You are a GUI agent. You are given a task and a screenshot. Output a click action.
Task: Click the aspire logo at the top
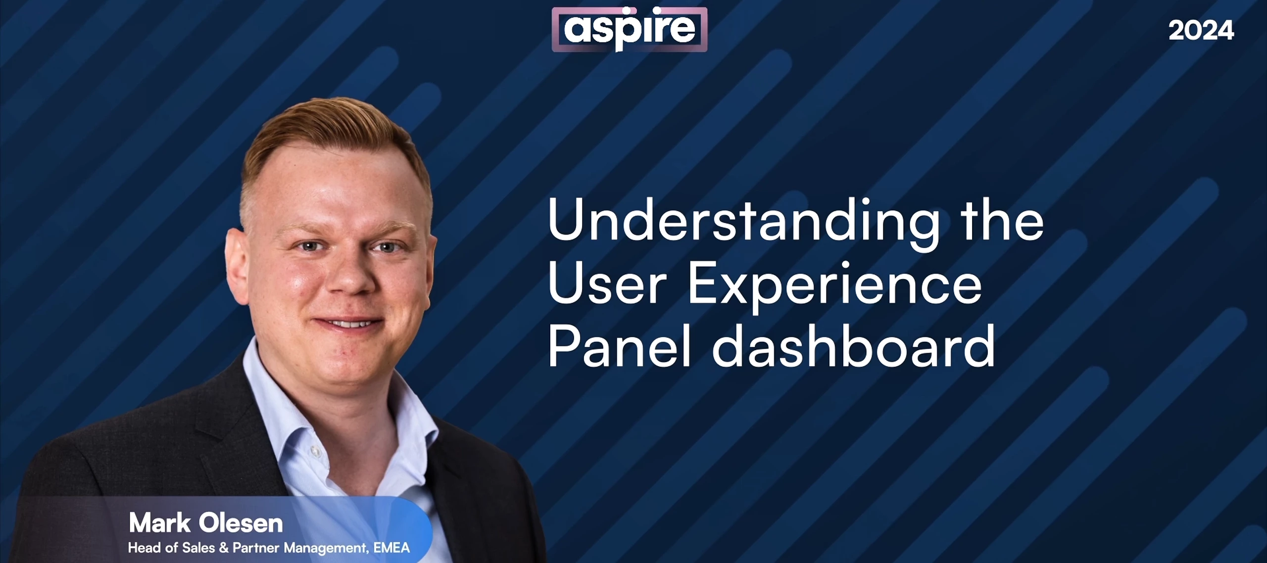(x=630, y=29)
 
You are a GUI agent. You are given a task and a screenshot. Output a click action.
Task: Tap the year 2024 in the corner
(x=1201, y=31)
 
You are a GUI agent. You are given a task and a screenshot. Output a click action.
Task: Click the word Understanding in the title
(x=743, y=220)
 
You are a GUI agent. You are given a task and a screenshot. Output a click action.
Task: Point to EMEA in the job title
(x=391, y=548)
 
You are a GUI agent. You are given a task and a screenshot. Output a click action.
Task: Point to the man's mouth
(x=348, y=324)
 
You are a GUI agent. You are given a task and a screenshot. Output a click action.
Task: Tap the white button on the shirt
(x=315, y=451)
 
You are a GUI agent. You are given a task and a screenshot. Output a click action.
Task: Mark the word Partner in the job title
(x=256, y=548)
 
